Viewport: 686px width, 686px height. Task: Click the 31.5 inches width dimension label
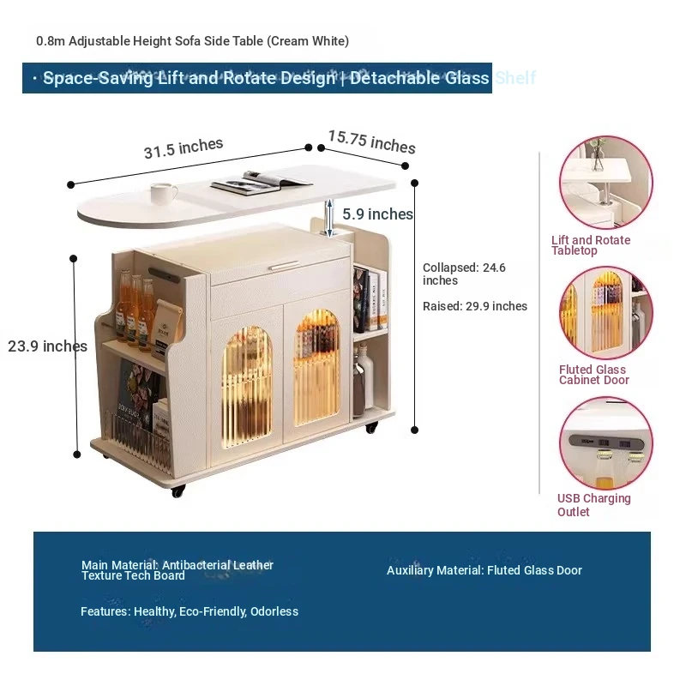[183, 148]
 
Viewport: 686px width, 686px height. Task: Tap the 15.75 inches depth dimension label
[371, 141]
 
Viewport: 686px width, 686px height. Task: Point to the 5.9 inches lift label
[377, 214]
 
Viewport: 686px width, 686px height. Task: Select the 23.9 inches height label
[47, 346]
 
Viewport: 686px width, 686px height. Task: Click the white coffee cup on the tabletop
[163, 193]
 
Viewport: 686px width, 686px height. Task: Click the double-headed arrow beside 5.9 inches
[328, 214]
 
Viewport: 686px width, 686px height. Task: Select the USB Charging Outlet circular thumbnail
[605, 442]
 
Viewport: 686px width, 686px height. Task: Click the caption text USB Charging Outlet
[593, 505]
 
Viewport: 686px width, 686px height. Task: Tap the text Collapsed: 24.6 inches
[464, 274]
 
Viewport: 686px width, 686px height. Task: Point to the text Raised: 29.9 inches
[474, 306]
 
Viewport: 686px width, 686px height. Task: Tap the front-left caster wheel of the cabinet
[178, 491]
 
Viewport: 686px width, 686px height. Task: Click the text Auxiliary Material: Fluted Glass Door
[484, 570]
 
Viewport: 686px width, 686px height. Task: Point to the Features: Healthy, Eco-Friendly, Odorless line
[190, 611]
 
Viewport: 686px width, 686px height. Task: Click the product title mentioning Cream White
[192, 41]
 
